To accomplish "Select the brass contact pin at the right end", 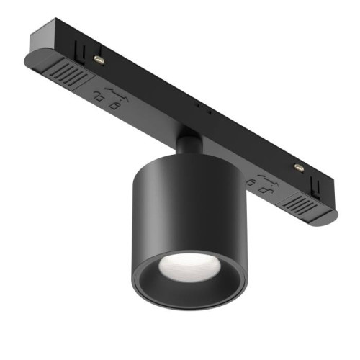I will coord(298,168).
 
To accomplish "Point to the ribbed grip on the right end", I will coord(300,204).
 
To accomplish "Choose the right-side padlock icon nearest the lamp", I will coord(250,183).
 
